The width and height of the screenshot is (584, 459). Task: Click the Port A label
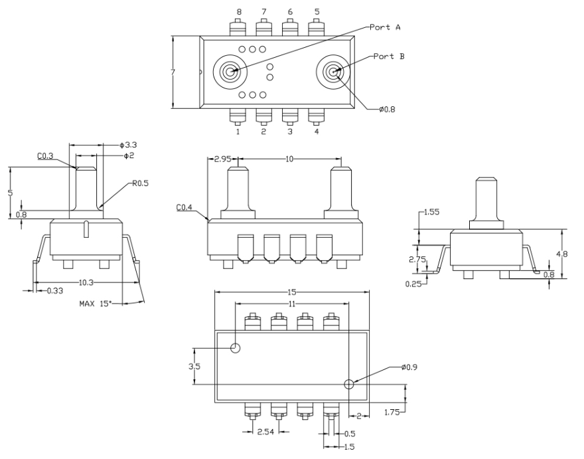385,27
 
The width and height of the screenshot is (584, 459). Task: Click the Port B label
389,56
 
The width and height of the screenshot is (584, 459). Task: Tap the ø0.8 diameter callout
387,109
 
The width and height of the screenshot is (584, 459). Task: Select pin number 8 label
239,12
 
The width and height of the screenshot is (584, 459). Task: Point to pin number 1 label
238,132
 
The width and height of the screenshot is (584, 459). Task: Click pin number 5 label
317,12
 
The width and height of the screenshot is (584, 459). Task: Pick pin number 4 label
317,132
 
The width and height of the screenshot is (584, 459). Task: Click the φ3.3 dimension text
128,145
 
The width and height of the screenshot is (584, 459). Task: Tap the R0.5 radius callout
141,183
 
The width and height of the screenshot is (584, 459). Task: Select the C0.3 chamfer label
45,156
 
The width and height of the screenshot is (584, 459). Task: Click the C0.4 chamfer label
184,207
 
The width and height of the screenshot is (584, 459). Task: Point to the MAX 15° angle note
96,304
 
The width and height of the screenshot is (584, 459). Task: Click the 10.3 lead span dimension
86,282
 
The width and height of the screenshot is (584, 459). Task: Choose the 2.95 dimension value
223,159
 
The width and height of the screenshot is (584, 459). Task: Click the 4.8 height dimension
562,254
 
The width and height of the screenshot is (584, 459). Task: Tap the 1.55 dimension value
431,212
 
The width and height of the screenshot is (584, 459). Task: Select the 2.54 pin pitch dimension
265,432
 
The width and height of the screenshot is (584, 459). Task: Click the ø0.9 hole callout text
409,367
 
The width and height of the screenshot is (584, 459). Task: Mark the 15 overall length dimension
292,292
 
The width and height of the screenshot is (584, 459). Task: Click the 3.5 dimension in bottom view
194,367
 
